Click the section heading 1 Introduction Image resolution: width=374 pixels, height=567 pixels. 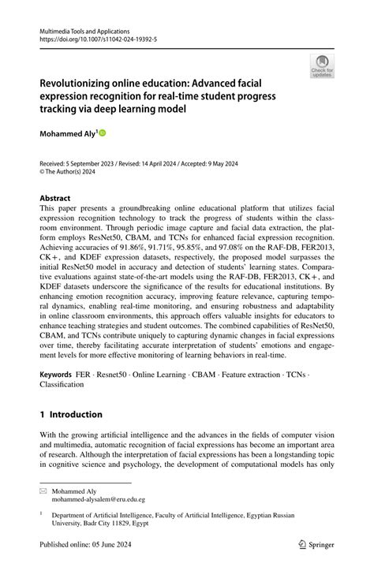click(x=71, y=415)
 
